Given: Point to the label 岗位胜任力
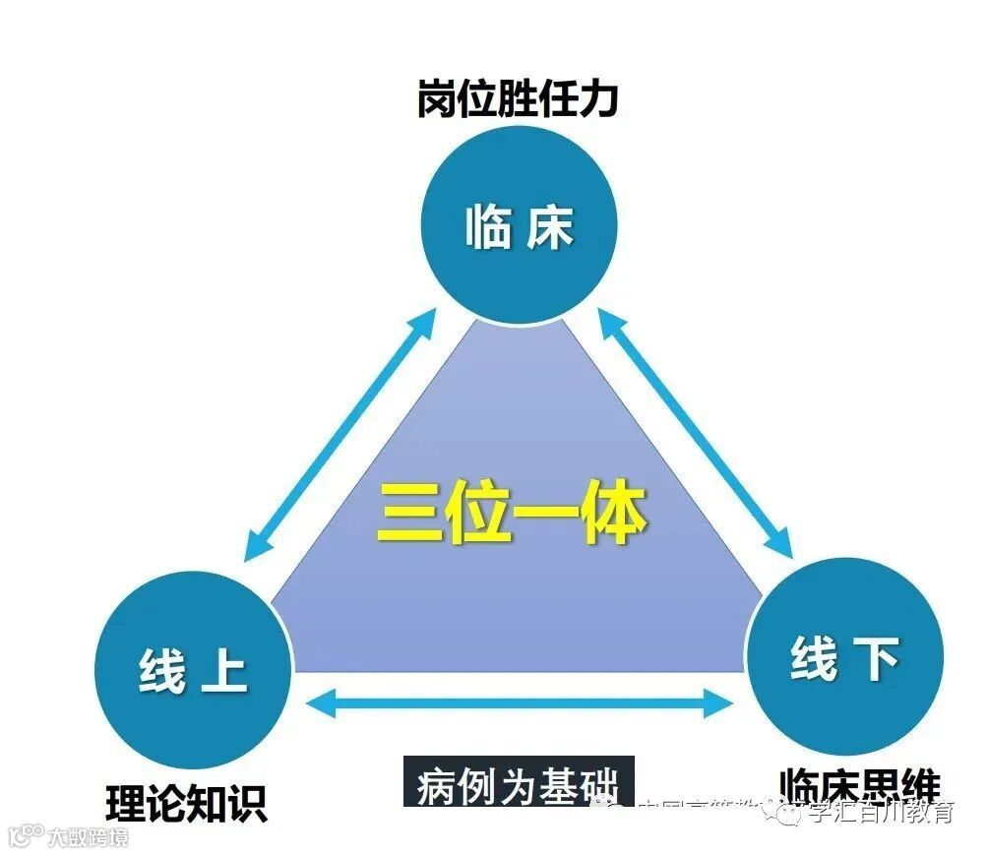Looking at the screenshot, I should tap(517, 99).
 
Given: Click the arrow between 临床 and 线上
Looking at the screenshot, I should tap(340, 433).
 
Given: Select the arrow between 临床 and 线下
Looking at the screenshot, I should tap(696, 431).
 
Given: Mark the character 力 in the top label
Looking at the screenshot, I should tap(598, 99).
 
